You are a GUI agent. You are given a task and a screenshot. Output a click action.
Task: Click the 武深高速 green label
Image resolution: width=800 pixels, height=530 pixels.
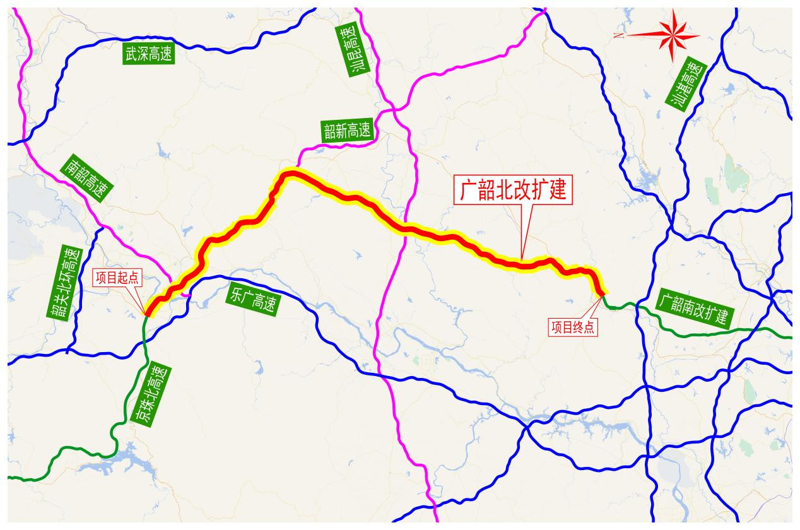pos(148,54)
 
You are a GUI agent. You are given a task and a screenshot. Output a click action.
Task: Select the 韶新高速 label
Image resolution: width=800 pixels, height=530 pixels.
pos(347,131)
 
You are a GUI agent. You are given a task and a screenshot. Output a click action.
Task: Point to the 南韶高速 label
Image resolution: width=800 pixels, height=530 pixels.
pos(86,179)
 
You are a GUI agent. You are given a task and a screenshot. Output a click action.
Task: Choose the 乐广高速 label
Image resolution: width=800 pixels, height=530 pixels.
pos(252,301)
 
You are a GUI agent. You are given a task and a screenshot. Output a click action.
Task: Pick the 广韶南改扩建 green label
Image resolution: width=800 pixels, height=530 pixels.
pos(692,308)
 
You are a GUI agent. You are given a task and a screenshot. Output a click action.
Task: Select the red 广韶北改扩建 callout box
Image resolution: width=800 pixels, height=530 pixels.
pos(513,190)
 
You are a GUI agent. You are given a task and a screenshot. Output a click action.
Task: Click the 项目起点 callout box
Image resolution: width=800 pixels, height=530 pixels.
pos(117,277)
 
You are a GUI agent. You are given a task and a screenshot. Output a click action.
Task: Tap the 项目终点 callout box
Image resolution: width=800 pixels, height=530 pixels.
pos(574,327)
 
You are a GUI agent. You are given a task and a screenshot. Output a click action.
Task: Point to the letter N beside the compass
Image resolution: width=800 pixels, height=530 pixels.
pos(621,35)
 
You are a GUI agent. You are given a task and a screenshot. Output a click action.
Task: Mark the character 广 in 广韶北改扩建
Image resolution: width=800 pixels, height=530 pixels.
pos(468,190)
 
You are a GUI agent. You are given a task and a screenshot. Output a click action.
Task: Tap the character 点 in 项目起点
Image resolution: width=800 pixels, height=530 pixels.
pos(132,277)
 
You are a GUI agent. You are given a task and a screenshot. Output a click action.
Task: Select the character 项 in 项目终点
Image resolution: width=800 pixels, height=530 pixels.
pos(557,327)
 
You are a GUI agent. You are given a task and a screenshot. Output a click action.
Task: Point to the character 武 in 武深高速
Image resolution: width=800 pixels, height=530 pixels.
pos(131,54)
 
